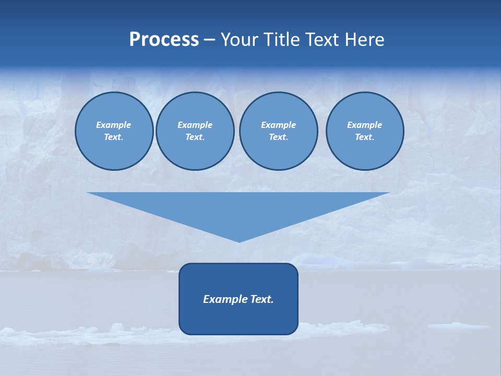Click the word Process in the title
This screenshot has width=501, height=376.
tap(164, 40)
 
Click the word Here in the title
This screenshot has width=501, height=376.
tap(365, 40)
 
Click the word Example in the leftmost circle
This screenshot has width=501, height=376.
tap(114, 125)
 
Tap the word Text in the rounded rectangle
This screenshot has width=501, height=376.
tap(262, 299)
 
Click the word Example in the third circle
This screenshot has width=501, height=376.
tap(278, 125)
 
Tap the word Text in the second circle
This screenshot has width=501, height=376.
tap(194, 137)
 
